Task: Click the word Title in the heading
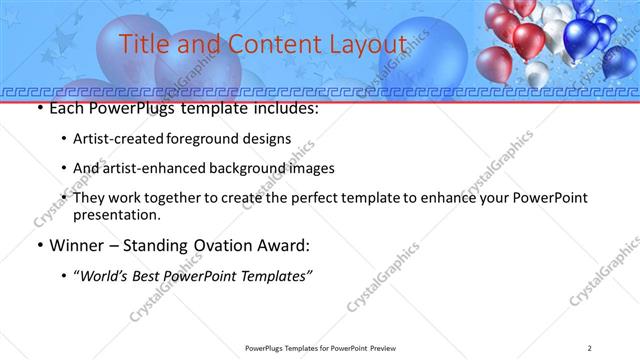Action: pos(143,43)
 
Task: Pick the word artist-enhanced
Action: pos(149,168)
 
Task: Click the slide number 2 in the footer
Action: pos(591,347)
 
